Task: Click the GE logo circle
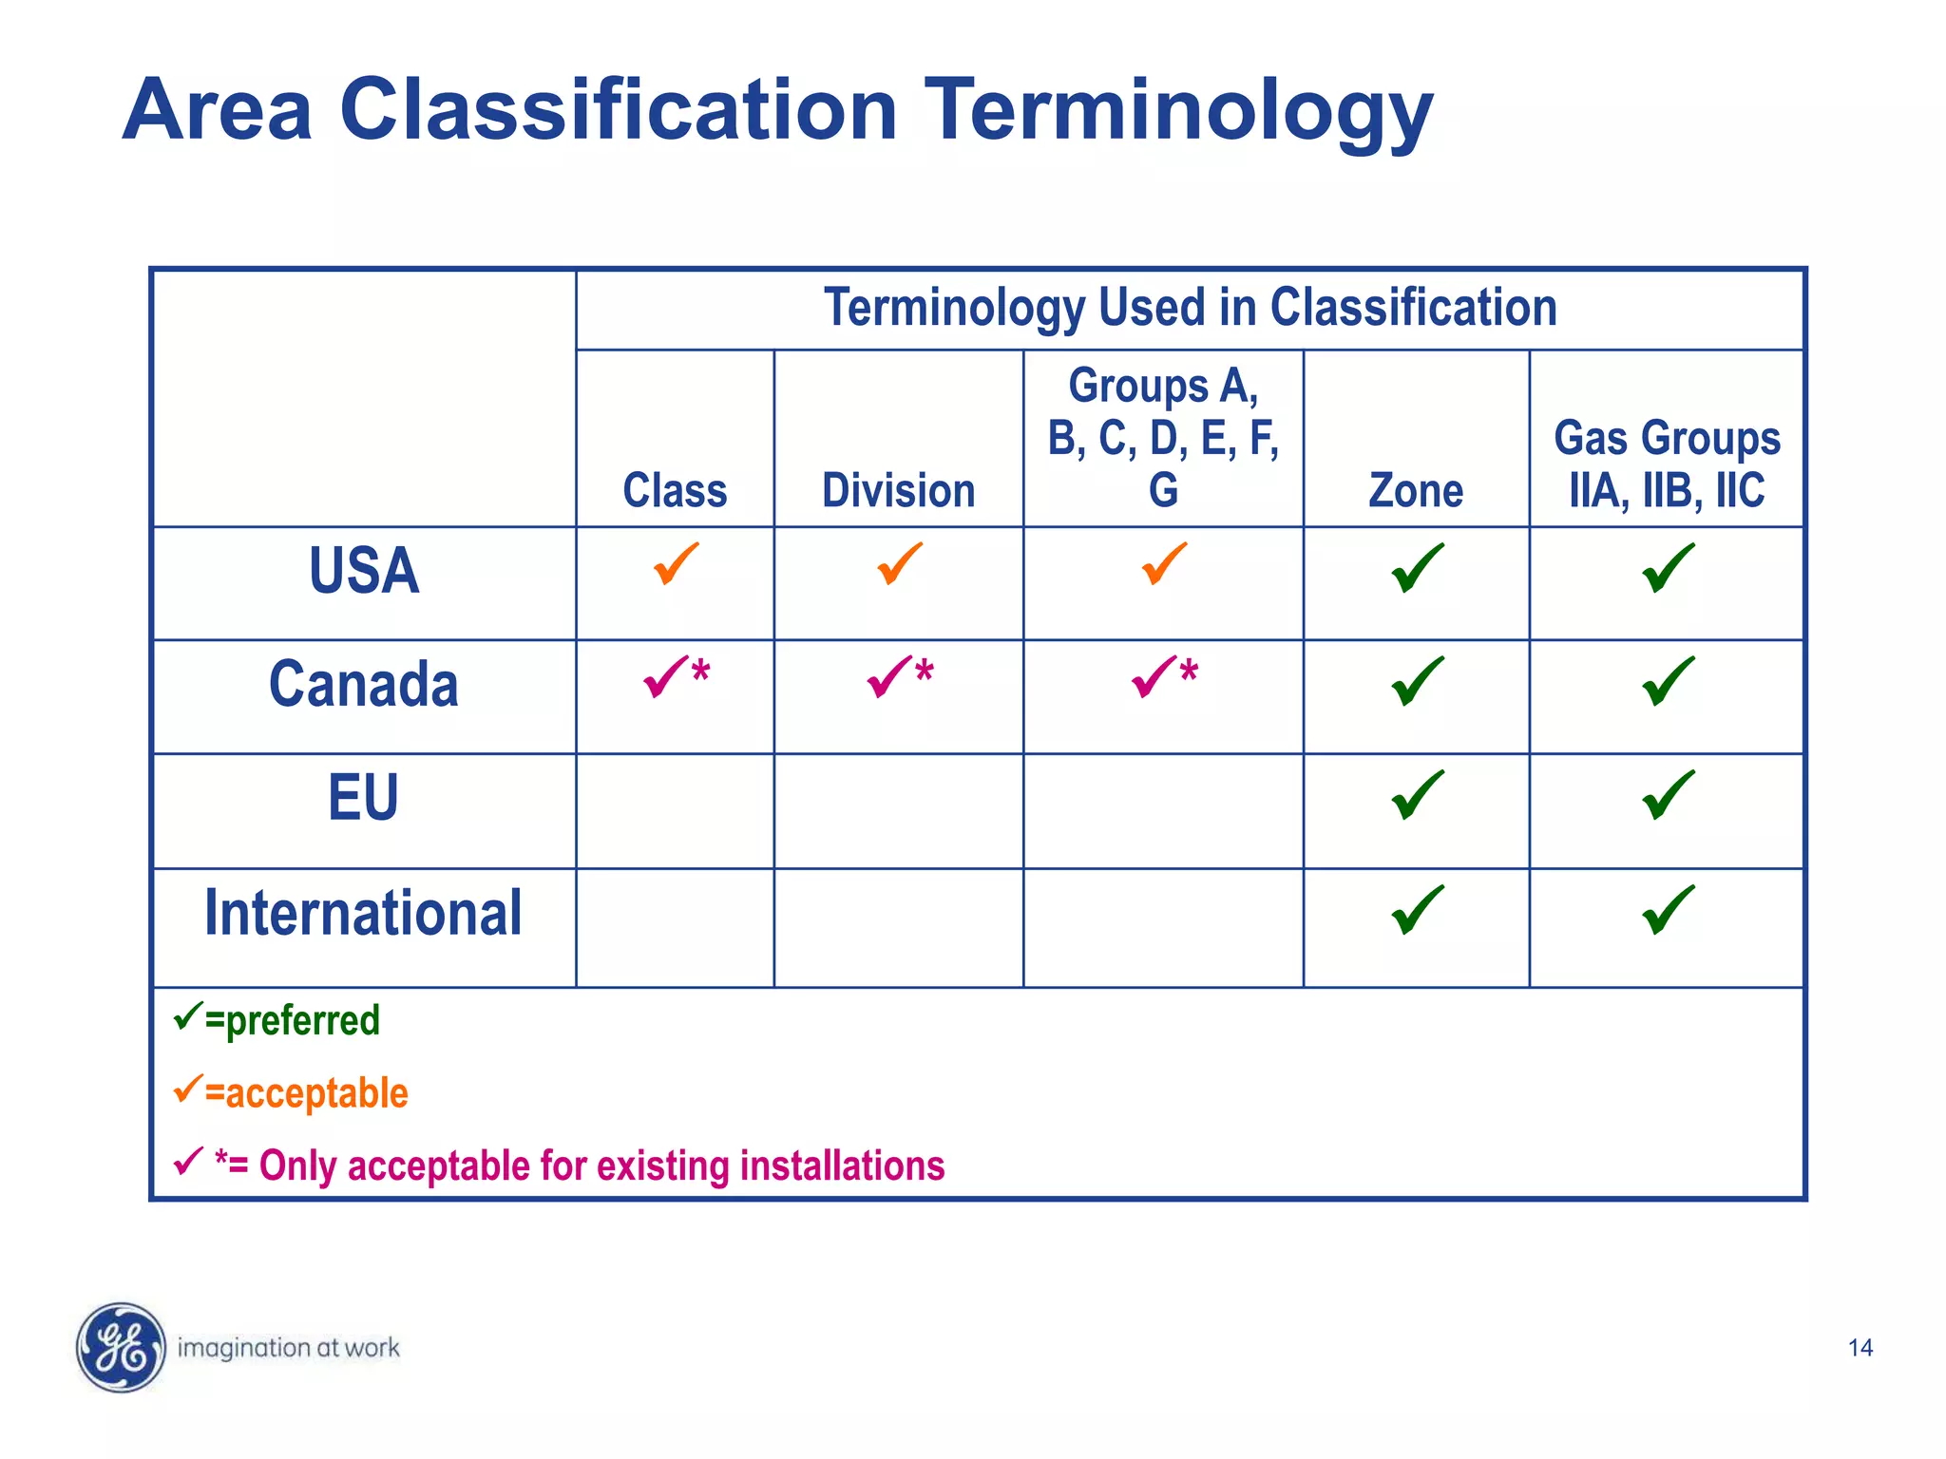coord(121,1347)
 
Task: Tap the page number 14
coord(1860,1348)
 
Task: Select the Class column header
coord(675,491)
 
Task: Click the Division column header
coord(898,491)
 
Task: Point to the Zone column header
coord(1415,491)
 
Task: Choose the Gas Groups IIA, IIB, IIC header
coord(1667,464)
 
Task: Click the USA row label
coord(363,572)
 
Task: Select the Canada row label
coord(363,685)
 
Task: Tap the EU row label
coord(363,798)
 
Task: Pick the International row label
coord(363,913)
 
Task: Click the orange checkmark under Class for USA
coord(676,564)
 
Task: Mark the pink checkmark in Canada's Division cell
coord(889,676)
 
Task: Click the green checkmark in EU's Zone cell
coord(1417,795)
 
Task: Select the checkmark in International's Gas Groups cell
coord(1668,910)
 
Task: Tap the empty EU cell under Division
coord(898,810)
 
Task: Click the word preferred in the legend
coord(302,1021)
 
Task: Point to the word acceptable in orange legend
coord(316,1093)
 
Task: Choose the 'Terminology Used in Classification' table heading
coord(1190,308)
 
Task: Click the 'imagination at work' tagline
coord(288,1348)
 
